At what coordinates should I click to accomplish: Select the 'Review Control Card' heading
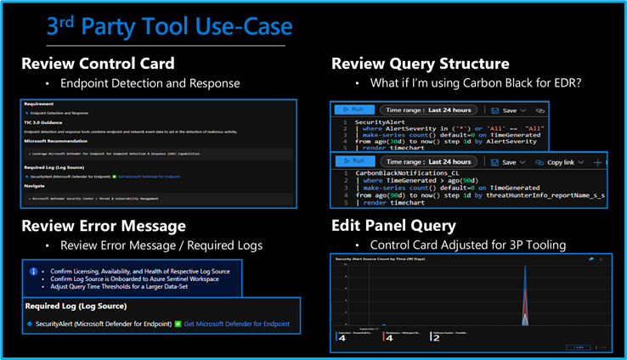(x=98, y=64)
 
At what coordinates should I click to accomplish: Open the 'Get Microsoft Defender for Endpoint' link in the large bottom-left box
(x=237, y=323)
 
